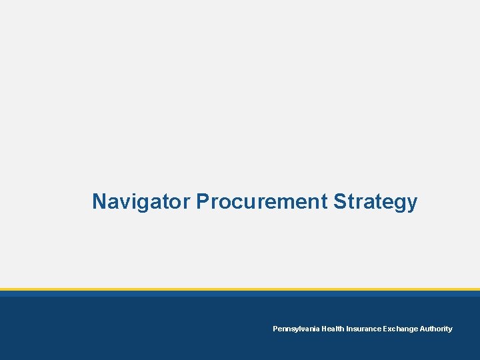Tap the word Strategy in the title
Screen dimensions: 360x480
[375, 201]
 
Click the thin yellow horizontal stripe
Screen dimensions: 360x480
[240, 289]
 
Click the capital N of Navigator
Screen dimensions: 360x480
[99, 201]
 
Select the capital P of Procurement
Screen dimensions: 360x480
[202, 201]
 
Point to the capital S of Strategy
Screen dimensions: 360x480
[339, 201]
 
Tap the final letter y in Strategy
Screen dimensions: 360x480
[412, 203]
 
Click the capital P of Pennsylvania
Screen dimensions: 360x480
[275, 329]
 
